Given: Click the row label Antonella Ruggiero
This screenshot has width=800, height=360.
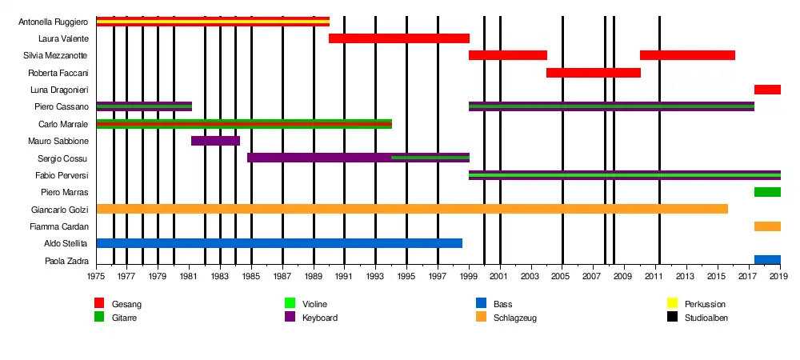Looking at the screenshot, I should coord(53,22).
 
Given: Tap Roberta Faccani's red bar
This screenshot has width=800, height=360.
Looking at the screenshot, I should coord(593,73).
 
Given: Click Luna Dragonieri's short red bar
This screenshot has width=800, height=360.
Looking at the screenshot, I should coord(767,90).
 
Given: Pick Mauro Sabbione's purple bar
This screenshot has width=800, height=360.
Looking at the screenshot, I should coord(215,141).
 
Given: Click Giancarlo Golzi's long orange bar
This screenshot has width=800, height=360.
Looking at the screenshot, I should coord(412,209).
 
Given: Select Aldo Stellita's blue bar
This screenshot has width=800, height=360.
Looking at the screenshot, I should coord(279,243).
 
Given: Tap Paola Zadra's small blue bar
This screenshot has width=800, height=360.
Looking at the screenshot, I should coord(767,260).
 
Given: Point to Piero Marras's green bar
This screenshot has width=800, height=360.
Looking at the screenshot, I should coord(767,192).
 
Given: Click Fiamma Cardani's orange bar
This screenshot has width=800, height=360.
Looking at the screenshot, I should coord(767,226).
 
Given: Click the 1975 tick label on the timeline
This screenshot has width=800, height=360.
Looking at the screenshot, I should coord(96,277).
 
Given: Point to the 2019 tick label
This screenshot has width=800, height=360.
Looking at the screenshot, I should coord(779,277).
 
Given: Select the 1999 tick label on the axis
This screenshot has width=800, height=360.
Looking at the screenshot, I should coord(469,277).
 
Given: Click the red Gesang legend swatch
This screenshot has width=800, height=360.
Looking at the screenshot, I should coord(99,303).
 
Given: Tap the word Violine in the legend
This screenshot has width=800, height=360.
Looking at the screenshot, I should coord(314,305).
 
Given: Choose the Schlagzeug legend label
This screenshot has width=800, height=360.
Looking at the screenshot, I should coord(514,318).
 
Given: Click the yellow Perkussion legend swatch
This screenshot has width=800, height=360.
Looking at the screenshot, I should coord(672,303).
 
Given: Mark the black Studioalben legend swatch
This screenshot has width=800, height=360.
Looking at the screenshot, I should coord(672,317).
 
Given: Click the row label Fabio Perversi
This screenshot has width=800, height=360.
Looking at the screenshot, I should coord(62,175).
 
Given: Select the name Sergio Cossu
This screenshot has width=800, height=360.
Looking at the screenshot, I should coord(63,158).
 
